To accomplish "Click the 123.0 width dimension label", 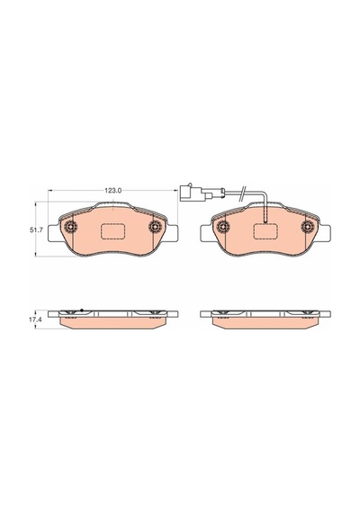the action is pyautogui.click(x=112, y=191).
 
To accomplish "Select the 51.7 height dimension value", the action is pyautogui.click(x=37, y=230).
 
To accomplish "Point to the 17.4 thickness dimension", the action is pyautogui.click(x=37, y=319).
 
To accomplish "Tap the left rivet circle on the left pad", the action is pyautogui.click(x=70, y=227).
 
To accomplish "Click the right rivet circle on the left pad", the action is pyautogui.click(x=155, y=227).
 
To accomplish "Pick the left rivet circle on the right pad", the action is pyautogui.click(x=223, y=227).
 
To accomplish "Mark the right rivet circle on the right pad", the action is pyautogui.click(x=308, y=227).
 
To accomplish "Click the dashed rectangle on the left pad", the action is pyautogui.click(x=112, y=231).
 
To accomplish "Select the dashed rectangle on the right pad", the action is pyautogui.click(x=265, y=231).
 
